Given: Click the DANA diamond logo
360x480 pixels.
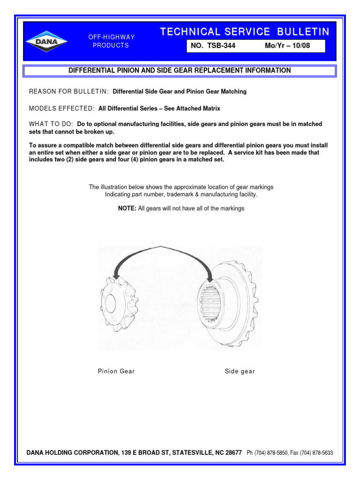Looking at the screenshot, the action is tap(46, 41).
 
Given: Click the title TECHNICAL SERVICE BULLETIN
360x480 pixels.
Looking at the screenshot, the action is tap(245, 32).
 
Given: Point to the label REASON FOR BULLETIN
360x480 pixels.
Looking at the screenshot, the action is tap(69, 91).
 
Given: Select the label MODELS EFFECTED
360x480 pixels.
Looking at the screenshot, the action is tap(62, 108).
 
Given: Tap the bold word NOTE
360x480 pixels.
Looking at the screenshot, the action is tap(127, 208).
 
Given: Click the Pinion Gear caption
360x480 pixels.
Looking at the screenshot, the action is tap(116, 371).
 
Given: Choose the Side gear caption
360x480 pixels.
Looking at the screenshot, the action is tap(240, 371).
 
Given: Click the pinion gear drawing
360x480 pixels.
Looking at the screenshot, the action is tap(118, 305).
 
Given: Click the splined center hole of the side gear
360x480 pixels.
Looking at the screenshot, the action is tap(212, 305).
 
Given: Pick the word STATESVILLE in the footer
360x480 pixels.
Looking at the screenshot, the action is tap(192, 453).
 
